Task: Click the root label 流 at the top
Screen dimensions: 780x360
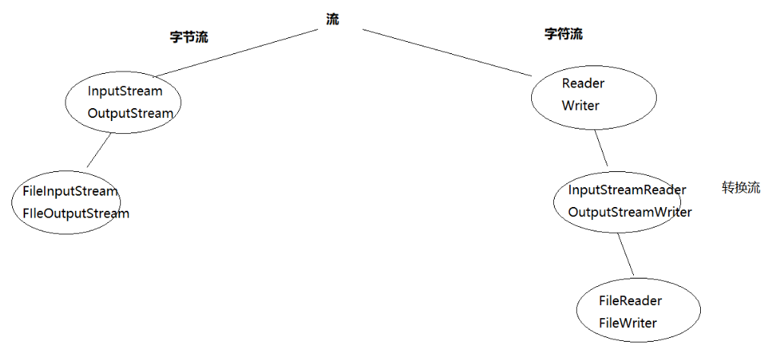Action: tap(333, 20)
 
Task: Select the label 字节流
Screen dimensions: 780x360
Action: tap(189, 37)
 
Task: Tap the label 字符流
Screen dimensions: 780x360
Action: tap(564, 34)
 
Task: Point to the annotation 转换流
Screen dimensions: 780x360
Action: tap(740, 188)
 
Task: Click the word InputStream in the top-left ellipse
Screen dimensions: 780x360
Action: tap(125, 91)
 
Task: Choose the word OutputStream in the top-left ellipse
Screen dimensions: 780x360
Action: tap(130, 113)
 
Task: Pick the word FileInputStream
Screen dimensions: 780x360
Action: tap(70, 191)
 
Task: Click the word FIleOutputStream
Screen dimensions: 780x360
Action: tap(76, 213)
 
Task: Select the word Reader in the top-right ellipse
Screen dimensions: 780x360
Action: tap(583, 83)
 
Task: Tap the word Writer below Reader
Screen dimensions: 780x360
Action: tap(581, 106)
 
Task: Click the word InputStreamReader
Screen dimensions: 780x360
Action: tap(627, 190)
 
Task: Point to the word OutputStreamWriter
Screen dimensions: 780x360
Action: tap(630, 212)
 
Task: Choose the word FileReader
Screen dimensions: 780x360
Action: tap(630, 301)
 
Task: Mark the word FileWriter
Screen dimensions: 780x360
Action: tap(628, 323)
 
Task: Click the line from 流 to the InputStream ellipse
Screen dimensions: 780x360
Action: tap(236, 53)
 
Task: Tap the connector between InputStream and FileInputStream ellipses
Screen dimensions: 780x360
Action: tap(100, 151)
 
